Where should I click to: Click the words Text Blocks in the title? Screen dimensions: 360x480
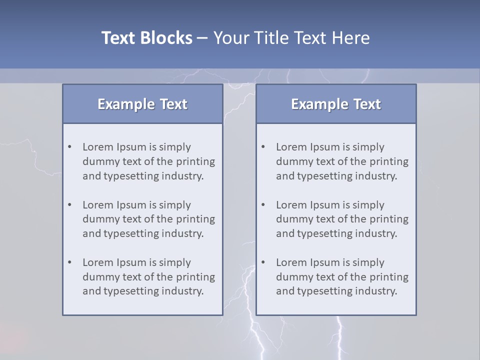tap(146, 38)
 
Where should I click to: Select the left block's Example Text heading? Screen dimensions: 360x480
tap(142, 104)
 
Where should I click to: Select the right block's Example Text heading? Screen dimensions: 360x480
tap(336, 104)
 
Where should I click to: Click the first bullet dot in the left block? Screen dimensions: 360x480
tap(70, 147)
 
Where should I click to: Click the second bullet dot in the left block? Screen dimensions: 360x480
tap(70, 205)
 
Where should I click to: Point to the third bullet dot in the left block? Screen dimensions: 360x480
tap(70, 262)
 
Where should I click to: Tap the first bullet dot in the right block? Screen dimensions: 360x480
tap(263, 147)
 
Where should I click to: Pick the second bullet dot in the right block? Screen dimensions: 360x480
tap(263, 205)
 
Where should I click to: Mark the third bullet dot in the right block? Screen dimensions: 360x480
tap(263, 262)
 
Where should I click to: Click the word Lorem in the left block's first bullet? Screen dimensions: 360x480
tap(98, 147)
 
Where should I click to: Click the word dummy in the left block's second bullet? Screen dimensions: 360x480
tap(98, 219)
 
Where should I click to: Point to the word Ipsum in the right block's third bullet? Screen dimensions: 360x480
tap(324, 262)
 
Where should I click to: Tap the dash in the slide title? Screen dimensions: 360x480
tap(202, 38)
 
